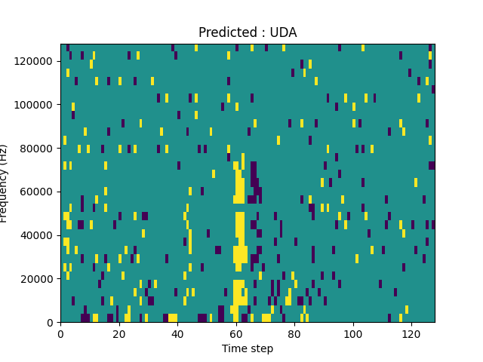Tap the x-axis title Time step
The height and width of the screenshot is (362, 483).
point(248,348)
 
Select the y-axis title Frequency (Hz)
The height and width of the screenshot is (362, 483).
point(5,183)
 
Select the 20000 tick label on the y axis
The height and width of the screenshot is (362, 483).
point(36,279)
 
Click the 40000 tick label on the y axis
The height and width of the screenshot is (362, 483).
point(36,235)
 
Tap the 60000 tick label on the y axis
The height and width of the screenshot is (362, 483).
point(36,192)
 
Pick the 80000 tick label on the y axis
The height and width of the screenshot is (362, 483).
point(36,148)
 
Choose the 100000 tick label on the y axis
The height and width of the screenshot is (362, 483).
point(33,104)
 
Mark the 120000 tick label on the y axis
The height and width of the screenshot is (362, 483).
point(33,60)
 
